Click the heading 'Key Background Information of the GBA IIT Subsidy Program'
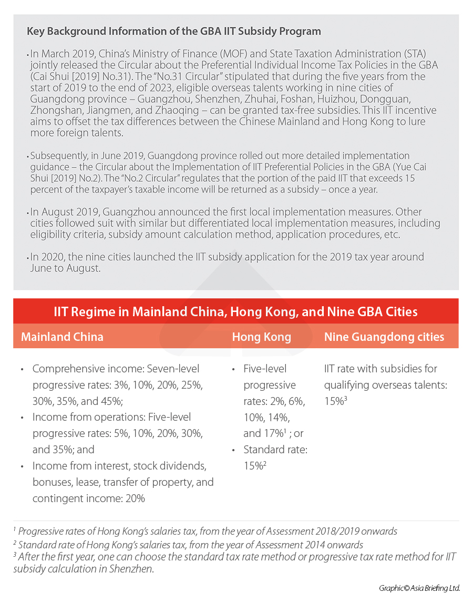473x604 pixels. point(173,31)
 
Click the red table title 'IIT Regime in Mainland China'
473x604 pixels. point(235,311)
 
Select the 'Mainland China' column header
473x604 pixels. point(62,337)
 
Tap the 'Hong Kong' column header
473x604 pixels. point(261,337)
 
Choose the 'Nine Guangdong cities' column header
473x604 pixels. point(384,337)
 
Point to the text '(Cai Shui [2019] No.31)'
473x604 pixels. point(76,77)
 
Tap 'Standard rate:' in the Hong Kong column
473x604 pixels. point(275,450)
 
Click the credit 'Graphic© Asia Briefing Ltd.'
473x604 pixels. point(419,588)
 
